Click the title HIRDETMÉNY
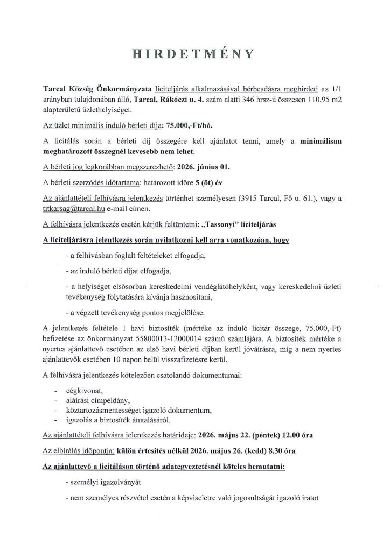(x=194, y=54)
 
